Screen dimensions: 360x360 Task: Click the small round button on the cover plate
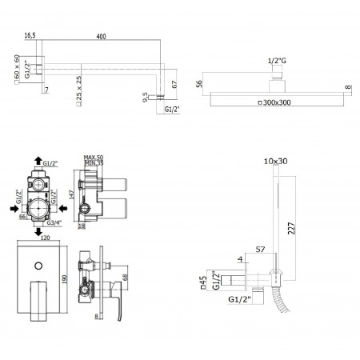pos(39,263)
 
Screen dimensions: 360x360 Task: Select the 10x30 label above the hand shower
pos(274,161)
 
